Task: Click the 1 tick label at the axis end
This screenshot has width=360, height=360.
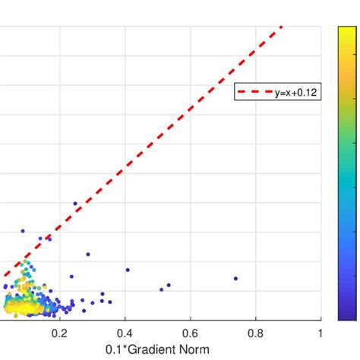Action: click(x=321, y=333)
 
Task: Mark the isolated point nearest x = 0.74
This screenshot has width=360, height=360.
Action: click(x=235, y=278)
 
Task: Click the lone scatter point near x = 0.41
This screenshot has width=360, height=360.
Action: click(x=128, y=270)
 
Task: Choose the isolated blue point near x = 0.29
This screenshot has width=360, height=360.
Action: click(x=88, y=254)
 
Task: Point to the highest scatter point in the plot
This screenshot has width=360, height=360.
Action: click(x=75, y=204)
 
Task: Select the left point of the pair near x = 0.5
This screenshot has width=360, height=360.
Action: click(x=161, y=289)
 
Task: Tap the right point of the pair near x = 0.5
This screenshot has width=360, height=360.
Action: click(x=169, y=286)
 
